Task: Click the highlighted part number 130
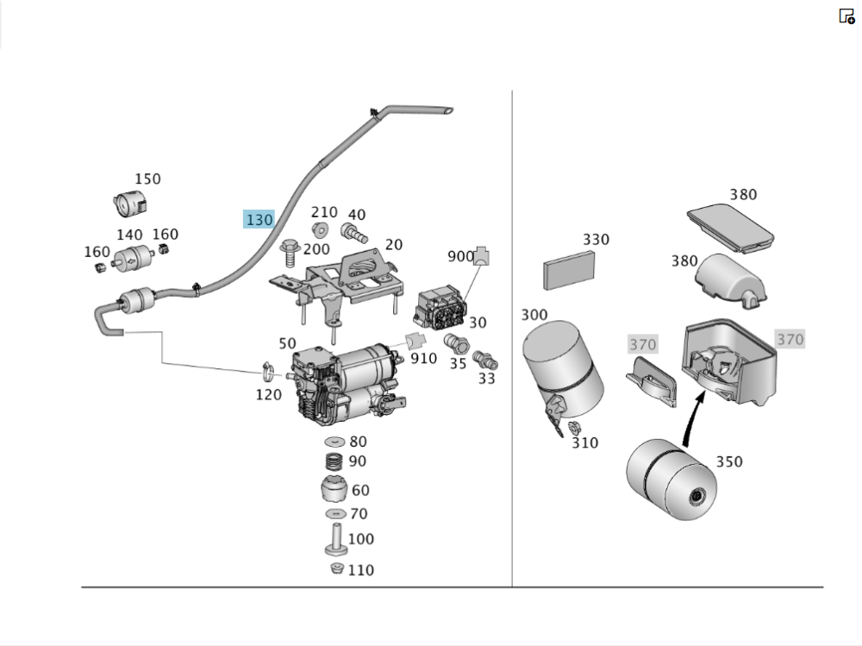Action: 259,220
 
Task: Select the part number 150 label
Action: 147,179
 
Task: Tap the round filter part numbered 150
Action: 129,204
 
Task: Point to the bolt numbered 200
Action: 289,251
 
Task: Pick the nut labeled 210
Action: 320,229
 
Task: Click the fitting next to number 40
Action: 353,233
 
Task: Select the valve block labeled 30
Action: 440,309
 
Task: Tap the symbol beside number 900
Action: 482,256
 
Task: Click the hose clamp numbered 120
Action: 268,373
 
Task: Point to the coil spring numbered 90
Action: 334,462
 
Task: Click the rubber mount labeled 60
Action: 333,491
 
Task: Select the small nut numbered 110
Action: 337,568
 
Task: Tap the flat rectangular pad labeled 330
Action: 570,271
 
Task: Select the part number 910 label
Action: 423,357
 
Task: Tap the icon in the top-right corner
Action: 846,16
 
